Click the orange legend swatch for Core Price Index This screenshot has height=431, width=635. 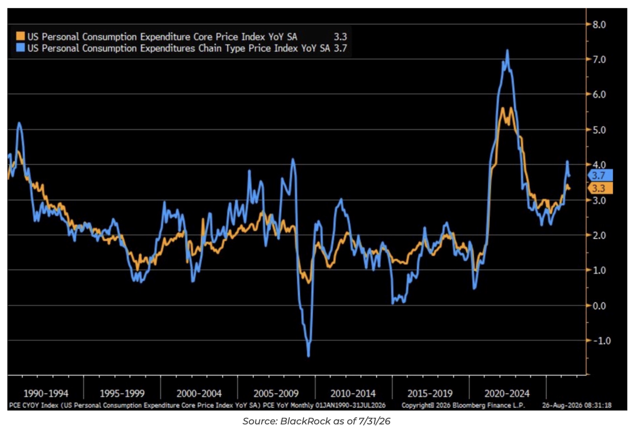click(20, 36)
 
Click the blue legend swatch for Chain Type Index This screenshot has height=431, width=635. click(20, 47)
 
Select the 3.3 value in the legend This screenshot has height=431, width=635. click(340, 37)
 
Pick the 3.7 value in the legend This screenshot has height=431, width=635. click(340, 48)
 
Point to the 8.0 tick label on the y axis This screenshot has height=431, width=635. click(599, 25)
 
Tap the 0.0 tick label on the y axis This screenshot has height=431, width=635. click(599, 306)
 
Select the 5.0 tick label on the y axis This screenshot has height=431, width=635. click(599, 130)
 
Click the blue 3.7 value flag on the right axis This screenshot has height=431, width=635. click(600, 176)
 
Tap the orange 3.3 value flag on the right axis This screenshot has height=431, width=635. click(600, 188)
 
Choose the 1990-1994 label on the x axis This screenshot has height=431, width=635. click(46, 393)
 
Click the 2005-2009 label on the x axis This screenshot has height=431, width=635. click(276, 393)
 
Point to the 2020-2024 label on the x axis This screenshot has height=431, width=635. click(507, 393)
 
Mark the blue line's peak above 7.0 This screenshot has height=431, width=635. click(507, 50)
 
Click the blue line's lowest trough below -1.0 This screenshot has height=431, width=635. click(309, 355)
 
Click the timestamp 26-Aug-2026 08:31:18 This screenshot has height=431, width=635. click(577, 406)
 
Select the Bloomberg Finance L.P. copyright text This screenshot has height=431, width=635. click(463, 406)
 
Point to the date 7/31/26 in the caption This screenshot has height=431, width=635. click(374, 421)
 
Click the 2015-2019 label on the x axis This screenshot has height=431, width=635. click(430, 393)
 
